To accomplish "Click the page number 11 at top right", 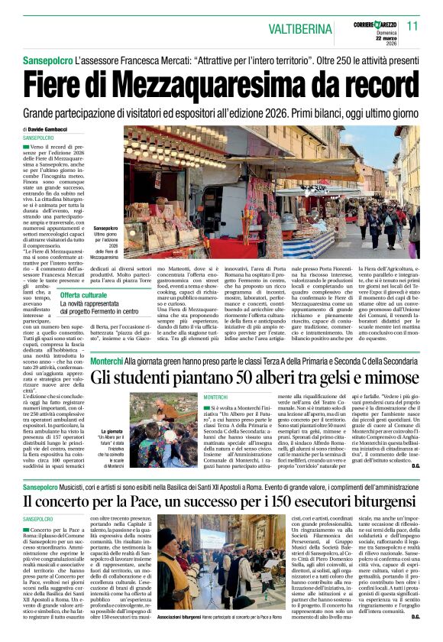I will click(x=413, y=26).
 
